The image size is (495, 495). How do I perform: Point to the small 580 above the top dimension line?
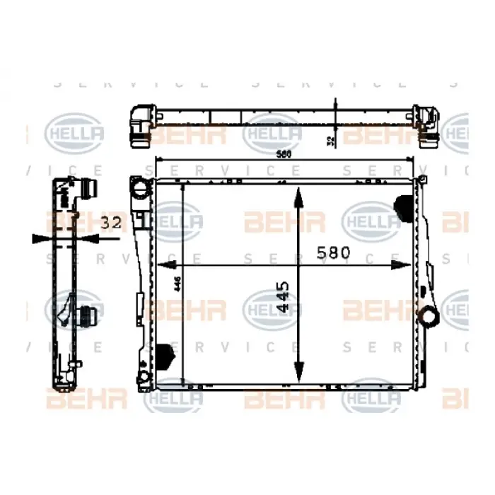(284, 154)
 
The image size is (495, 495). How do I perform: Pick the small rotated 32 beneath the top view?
(330, 141)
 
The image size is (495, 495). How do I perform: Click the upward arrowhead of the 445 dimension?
(299, 197)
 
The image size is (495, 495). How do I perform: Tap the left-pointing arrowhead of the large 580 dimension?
(165, 264)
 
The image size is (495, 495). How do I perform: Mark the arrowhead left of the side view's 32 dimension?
(43, 238)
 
